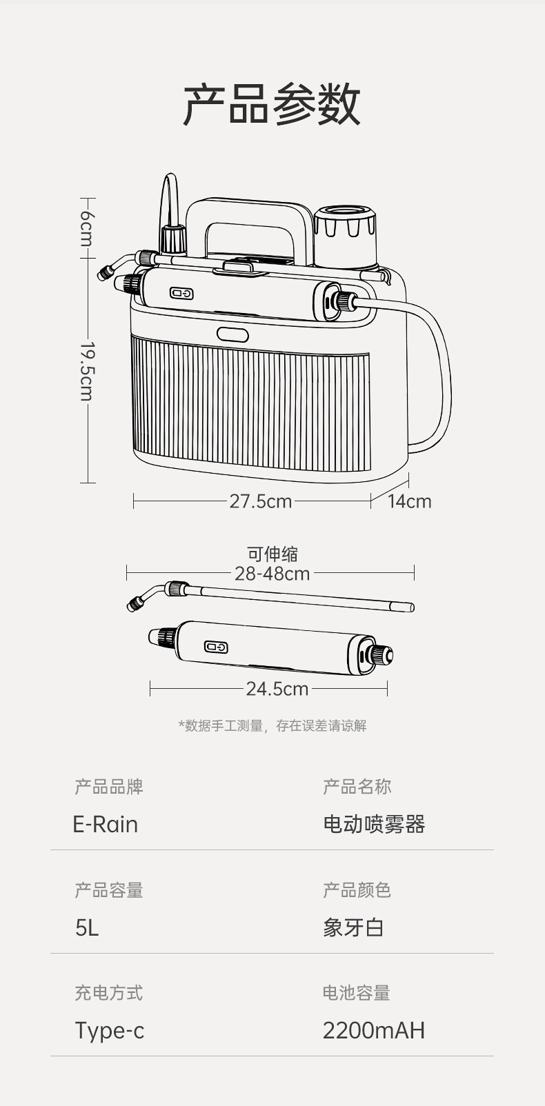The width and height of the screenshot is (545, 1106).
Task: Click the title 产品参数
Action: pos(272,105)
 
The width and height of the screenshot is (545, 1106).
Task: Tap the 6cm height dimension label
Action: pos(86,228)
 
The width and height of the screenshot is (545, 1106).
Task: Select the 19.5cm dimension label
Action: pos(86,370)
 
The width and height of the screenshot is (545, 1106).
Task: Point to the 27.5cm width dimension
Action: pos(260,501)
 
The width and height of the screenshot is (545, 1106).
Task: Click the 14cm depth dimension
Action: pos(409,501)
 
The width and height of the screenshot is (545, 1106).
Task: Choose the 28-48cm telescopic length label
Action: pos(272,573)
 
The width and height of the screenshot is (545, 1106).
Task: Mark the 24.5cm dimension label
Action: pos(277,688)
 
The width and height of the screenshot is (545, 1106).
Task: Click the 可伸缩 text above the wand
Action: pos(272,554)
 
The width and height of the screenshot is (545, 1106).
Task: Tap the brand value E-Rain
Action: pos(106,824)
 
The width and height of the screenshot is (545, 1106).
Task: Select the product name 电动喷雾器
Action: pos(374,824)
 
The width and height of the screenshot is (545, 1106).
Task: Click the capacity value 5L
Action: pos(87,927)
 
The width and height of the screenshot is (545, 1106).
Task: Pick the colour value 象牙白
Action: pos(353,927)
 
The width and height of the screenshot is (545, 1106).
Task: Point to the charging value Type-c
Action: pos(110,1030)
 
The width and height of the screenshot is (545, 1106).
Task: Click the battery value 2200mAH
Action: pos(374,1030)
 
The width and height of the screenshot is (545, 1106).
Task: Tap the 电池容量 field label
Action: pos(357,993)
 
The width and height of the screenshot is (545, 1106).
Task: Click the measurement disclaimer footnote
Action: pos(272,725)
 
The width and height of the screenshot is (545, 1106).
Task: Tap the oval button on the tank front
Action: pos(232,334)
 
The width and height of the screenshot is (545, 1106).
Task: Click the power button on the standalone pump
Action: pos(216,647)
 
